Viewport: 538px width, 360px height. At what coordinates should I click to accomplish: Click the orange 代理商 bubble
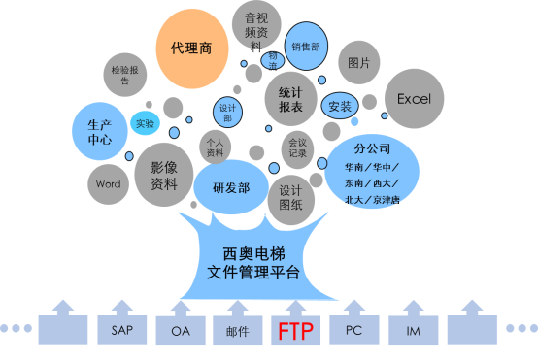coord(191,46)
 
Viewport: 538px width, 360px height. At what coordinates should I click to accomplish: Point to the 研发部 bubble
coord(231,188)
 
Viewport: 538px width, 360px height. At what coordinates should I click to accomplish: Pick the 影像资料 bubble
coord(163,174)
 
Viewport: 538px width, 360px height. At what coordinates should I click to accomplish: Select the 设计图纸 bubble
coord(290,198)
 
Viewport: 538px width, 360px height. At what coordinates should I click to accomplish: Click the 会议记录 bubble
coord(297,147)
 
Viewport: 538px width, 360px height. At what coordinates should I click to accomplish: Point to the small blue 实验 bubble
coord(145,123)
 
